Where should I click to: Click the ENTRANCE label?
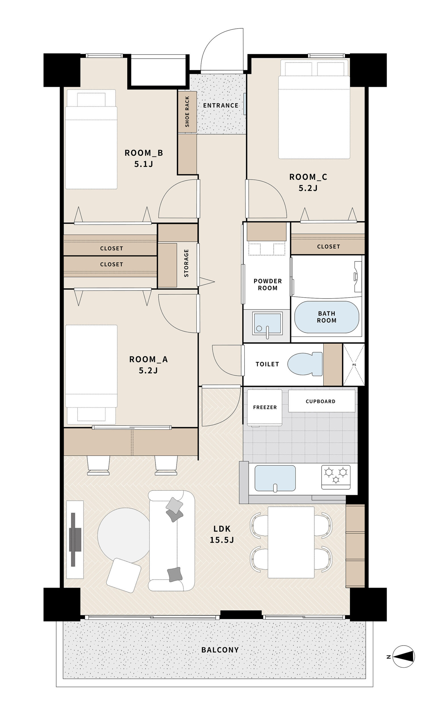(220, 105)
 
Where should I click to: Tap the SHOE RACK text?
(187, 112)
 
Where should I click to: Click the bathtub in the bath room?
(326, 317)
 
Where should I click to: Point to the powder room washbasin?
(267, 323)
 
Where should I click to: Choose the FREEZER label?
(265, 407)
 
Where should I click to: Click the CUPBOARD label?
(320, 401)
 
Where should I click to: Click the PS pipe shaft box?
(354, 364)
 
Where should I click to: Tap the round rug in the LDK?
(124, 536)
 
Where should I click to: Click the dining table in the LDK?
(291, 542)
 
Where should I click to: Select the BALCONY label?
(220, 650)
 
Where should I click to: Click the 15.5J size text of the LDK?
(222, 540)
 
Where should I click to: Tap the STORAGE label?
(186, 263)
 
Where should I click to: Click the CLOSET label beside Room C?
(329, 246)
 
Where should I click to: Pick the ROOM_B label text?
(144, 153)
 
